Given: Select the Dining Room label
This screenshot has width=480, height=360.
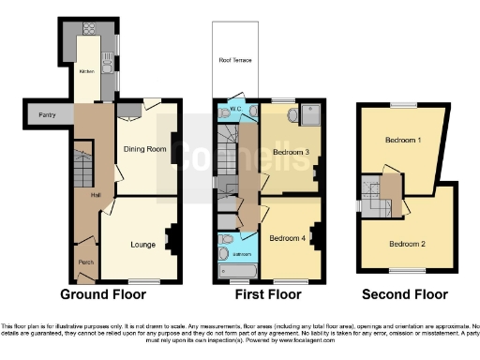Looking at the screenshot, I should [143, 149].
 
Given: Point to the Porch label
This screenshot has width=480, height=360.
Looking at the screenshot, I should [85, 262].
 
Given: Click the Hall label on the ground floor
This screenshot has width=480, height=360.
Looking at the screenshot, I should [95, 195].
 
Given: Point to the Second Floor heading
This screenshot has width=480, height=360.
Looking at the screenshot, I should [405, 293].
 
